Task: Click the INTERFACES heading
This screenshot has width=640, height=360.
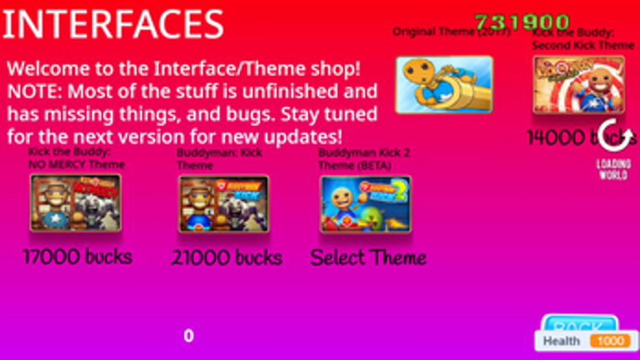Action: tap(113, 25)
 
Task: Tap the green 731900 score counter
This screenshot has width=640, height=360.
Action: tap(522, 23)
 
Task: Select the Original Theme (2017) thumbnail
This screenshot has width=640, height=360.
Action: tap(443, 85)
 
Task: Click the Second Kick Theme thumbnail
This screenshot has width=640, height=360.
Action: tap(579, 85)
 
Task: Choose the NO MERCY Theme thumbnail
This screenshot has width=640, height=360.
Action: tap(75, 203)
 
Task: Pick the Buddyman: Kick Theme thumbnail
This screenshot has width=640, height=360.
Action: tap(223, 203)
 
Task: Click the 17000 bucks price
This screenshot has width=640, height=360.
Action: tap(78, 256)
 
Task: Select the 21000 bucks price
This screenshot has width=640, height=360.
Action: tap(227, 258)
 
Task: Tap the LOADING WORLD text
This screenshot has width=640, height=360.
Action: tap(613, 169)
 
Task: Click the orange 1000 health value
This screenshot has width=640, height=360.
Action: tap(610, 342)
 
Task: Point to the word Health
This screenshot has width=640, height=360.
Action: tap(561, 342)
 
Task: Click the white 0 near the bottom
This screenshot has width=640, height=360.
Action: tap(188, 336)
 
